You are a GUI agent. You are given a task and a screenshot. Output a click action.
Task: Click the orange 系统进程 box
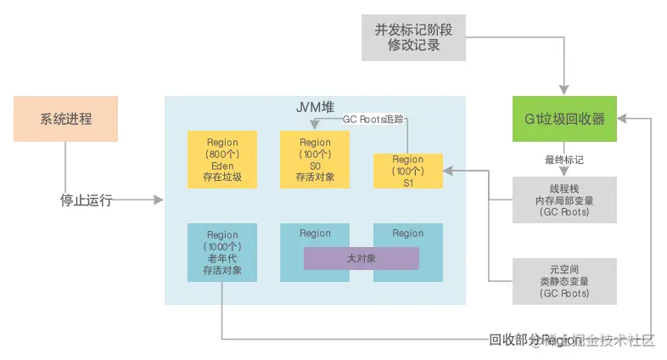coord(65,119)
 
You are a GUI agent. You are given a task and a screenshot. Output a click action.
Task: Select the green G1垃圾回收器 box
coord(564,119)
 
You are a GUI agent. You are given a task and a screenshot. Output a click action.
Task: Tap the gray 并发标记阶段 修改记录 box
coord(413,37)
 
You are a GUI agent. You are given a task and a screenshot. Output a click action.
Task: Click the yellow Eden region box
coord(221,160)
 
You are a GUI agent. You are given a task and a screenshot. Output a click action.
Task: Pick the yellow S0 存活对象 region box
coord(315,160)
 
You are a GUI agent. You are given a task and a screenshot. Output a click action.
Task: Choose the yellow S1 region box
coord(407,171)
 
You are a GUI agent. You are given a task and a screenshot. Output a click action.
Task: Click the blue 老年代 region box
coord(221,252)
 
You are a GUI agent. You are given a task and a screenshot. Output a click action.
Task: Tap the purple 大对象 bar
coord(361,258)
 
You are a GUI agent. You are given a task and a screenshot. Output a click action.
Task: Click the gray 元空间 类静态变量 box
coord(564,282)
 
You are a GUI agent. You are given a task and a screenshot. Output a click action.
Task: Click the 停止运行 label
coord(86,200)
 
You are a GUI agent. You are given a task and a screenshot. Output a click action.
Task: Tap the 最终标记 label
coord(564,159)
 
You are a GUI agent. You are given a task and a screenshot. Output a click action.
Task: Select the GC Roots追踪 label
coord(373,120)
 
